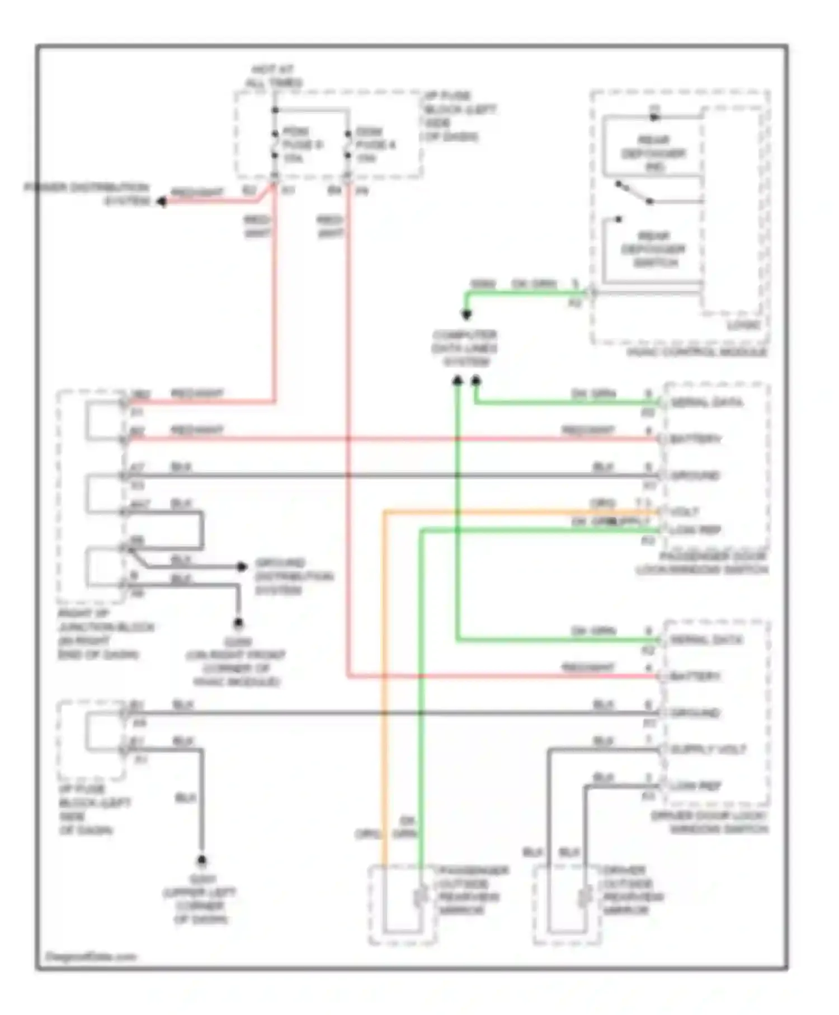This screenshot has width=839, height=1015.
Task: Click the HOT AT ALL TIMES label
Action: [273, 76]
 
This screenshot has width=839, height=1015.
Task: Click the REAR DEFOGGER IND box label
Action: [654, 153]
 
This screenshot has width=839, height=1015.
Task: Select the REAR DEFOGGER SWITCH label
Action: [654, 249]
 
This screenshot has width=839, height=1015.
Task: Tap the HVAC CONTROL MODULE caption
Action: [697, 353]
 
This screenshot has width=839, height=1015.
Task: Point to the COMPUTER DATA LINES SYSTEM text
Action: [465, 348]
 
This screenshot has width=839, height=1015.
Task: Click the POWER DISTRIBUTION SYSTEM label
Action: [87, 194]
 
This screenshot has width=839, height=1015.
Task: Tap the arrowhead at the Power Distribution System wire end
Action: [161, 201]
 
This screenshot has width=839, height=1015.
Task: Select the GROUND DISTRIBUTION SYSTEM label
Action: [294, 576]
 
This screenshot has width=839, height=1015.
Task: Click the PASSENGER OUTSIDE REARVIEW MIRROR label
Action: [473, 890]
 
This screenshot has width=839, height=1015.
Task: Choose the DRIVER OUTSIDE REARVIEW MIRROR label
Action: [633, 890]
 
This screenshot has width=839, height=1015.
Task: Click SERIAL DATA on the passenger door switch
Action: [706, 403]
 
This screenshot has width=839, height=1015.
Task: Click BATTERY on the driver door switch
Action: [695, 677]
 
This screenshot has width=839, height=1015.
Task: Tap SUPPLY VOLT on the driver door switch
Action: [708, 750]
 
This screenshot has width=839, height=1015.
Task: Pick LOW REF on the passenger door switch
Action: [695, 530]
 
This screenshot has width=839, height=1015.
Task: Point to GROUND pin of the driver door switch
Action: [695, 713]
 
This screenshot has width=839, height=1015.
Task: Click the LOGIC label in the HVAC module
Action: [743, 325]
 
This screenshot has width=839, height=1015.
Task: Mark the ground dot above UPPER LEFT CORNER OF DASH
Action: [201, 860]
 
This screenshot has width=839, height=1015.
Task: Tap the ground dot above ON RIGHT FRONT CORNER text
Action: [238, 622]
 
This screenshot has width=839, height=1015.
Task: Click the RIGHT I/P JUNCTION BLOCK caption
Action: [105, 634]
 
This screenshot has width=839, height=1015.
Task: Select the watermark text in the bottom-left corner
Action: [91, 957]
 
